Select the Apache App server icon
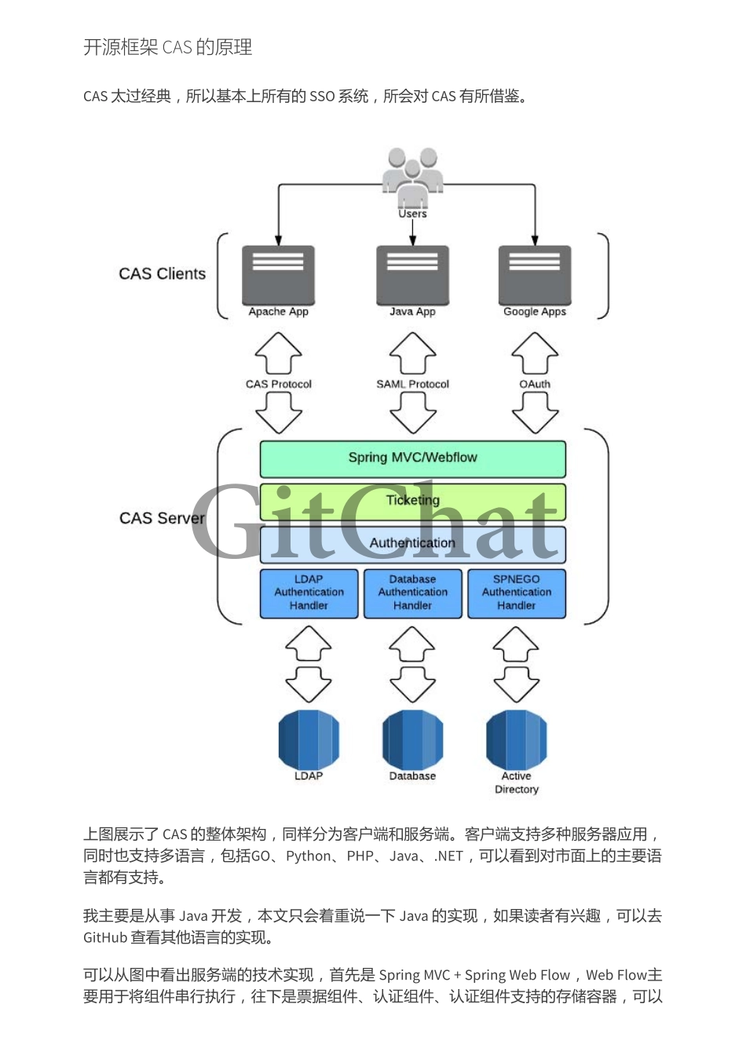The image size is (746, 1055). [x=278, y=275]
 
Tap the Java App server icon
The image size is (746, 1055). [x=412, y=275]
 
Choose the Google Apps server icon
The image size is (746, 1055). [x=535, y=275]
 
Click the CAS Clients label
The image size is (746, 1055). [x=163, y=274]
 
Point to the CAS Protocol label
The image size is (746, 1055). [x=278, y=384]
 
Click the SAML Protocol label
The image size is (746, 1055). [x=412, y=384]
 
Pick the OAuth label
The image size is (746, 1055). [x=535, y=384]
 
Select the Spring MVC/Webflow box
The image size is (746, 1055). [x=412, y=458]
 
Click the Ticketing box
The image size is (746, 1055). [x=412, y=501]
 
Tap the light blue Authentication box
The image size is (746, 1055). [x=412, y=543]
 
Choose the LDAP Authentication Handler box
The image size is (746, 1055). [x=309, y=593]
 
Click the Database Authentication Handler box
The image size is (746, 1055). [x=412, y=593]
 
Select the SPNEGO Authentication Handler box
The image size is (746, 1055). [x=517, y=593]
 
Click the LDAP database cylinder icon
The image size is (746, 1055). [x=309, y=739]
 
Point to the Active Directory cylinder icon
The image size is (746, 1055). [x=517, y=739]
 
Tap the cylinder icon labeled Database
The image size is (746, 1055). [x=412, y=739]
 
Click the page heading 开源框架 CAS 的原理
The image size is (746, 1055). [x=167, y=47]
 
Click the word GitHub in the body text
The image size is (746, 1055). [x=105, y=937]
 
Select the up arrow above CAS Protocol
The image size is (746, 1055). [x=278, y=352]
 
